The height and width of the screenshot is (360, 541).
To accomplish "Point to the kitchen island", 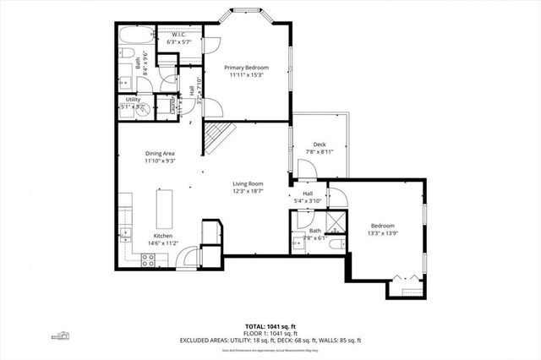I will coord(163,208).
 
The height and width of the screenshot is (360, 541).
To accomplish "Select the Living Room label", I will coord(249,183).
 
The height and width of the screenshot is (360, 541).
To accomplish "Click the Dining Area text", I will coord(160,152).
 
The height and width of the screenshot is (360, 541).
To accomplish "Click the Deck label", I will coord(319,144).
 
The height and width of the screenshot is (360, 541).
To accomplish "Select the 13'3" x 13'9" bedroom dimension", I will coord(383,234).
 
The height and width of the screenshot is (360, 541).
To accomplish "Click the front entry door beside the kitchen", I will coord(189,256).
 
